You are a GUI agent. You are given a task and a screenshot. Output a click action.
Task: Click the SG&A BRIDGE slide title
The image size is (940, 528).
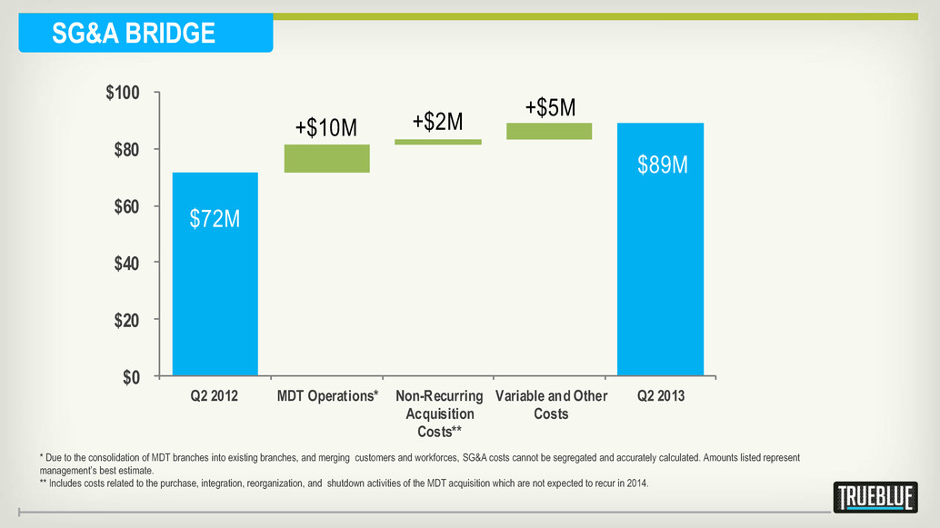click(x=133, y=33)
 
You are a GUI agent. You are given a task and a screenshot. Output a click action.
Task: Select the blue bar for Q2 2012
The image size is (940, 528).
click(x=215, y=274)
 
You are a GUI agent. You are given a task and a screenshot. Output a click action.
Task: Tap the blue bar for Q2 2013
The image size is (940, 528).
click(x=661, y=249)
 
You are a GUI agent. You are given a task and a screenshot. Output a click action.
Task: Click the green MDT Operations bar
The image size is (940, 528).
click(x=326, y=158)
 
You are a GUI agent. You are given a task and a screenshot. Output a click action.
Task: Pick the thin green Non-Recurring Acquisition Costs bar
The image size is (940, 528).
click(x=438, y=142)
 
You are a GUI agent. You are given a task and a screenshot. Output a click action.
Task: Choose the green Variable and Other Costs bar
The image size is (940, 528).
click(x=549, y=131)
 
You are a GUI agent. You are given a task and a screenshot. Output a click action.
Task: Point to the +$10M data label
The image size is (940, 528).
click(x=326, y=127)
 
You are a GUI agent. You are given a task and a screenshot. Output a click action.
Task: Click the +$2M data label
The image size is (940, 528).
click(x=437, y=122)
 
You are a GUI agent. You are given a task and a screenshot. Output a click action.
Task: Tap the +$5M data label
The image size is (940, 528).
click(x=550, y=108)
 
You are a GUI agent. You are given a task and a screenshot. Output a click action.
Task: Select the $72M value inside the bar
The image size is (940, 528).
click(x=215, y=219)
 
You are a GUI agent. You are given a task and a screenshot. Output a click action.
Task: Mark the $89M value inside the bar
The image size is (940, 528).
click(x=663, y=164)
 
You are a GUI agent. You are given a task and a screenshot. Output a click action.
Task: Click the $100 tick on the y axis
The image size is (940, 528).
click(x=123, y=93)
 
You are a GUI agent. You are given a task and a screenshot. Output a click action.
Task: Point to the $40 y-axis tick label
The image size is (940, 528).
click(x=126, y=264)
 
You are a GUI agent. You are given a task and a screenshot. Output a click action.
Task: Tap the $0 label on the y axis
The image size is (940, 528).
click(x=131, y=377)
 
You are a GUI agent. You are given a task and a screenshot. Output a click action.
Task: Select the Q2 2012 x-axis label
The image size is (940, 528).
click(x=214, y=396)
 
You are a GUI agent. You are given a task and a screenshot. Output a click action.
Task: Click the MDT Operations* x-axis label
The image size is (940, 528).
click(x=327, y=396)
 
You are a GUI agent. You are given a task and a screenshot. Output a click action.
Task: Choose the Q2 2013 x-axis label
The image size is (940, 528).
click(x=661, y=396)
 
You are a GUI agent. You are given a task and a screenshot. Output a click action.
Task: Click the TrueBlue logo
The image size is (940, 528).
click(x=875, y=497)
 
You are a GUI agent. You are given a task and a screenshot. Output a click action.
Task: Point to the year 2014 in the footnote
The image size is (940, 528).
click(x=637, y=483)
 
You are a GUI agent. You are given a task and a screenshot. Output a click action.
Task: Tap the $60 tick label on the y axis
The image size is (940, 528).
click(x=126, y=207)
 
